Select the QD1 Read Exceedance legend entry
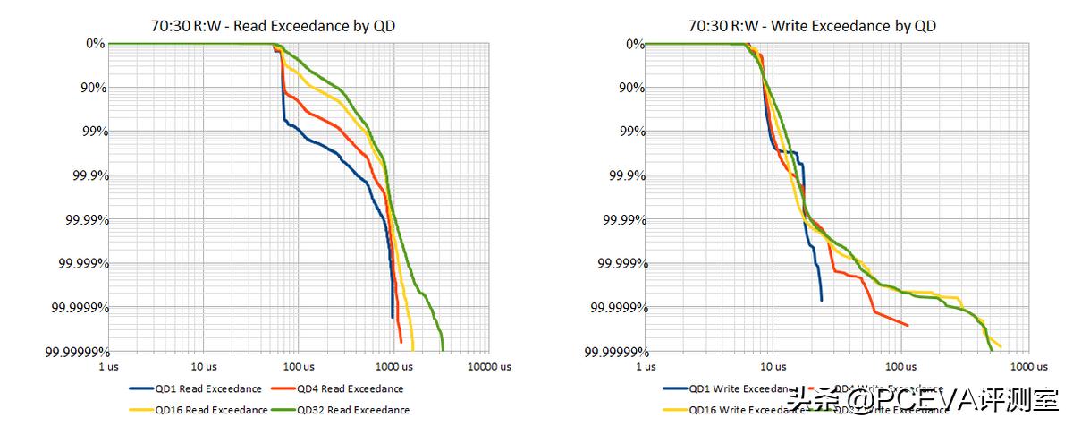[196, 389]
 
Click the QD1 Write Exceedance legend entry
[730, 389]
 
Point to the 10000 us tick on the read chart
[489, 366]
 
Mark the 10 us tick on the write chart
[773, 366]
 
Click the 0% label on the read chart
[94, 43]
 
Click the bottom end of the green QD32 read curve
[443, 350]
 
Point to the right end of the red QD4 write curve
[908, 325]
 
